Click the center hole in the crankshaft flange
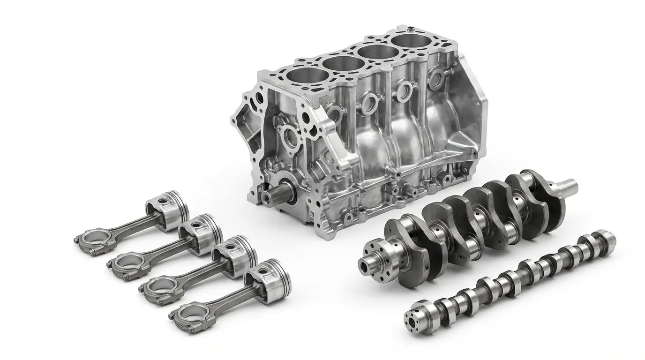pyautogui.click(x=365, y=266)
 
